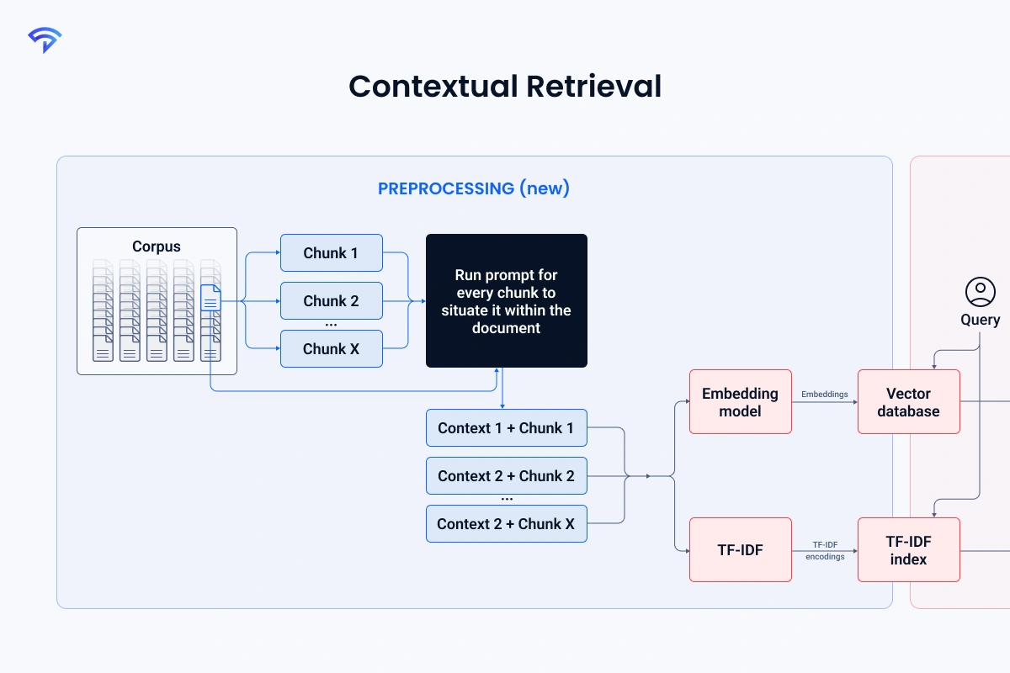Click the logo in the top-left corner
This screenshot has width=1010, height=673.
pos(44,40)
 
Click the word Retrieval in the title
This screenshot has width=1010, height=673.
pos(593,87)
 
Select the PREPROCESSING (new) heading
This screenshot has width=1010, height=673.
pos(474,188)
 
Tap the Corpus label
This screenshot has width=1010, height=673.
pos(157,246)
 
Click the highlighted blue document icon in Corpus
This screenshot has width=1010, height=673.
pos(210,298)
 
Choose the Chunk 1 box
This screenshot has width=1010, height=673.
pos(331,253)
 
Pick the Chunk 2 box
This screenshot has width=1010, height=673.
pos(331,301)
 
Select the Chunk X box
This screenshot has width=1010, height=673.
pos(331,349)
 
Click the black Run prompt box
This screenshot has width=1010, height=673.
pos(506,301)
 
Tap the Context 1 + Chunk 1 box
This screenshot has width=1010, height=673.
pos(506,428)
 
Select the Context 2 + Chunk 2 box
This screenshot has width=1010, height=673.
pos(506,476)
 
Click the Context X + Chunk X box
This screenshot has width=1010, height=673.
pos(506,524)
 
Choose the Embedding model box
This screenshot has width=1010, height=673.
pos(740,402)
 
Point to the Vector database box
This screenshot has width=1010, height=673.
pos(908,402)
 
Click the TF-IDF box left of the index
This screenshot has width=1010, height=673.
pos(740,550)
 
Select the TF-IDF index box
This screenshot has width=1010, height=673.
pos(908,550)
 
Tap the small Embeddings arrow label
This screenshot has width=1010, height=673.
pos(824,394)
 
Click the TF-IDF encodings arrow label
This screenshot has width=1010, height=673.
pos(824,551)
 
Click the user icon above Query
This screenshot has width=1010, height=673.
pos(980,292)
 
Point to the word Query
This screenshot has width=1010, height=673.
pos(980,320)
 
